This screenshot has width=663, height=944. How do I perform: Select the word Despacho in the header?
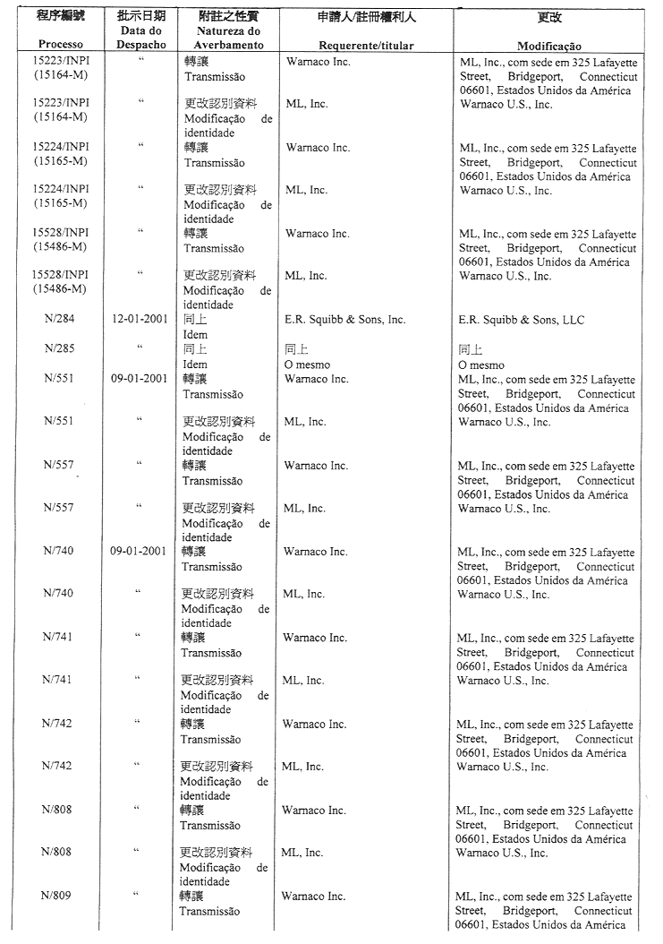point(140,45)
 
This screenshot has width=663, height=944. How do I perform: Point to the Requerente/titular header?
point(366,46)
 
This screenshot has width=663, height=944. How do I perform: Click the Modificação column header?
point(548,47)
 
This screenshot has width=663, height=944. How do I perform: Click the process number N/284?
point(60,320)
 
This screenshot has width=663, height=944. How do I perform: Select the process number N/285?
point(60,349)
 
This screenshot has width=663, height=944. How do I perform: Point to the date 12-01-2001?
point(140,320)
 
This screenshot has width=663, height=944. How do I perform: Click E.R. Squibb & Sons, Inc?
point(345,320)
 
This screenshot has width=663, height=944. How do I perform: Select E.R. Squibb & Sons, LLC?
point(521,320)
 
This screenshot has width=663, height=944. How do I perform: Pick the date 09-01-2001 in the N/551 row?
point(140,379)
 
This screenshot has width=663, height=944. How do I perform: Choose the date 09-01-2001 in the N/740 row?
point(139,552)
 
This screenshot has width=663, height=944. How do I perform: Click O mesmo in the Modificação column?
point(480,365)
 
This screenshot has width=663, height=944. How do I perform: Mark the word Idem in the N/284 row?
point(195,335)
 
